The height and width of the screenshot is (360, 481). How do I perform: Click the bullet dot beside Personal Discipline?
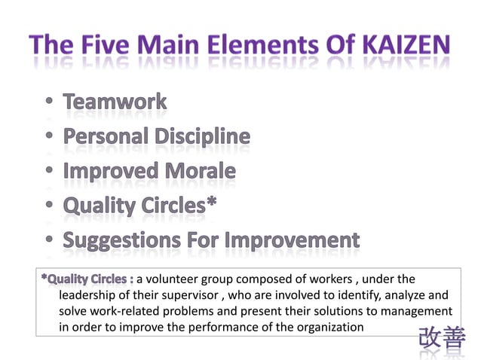49,138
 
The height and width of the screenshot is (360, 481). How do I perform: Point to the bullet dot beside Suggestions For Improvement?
49,241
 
